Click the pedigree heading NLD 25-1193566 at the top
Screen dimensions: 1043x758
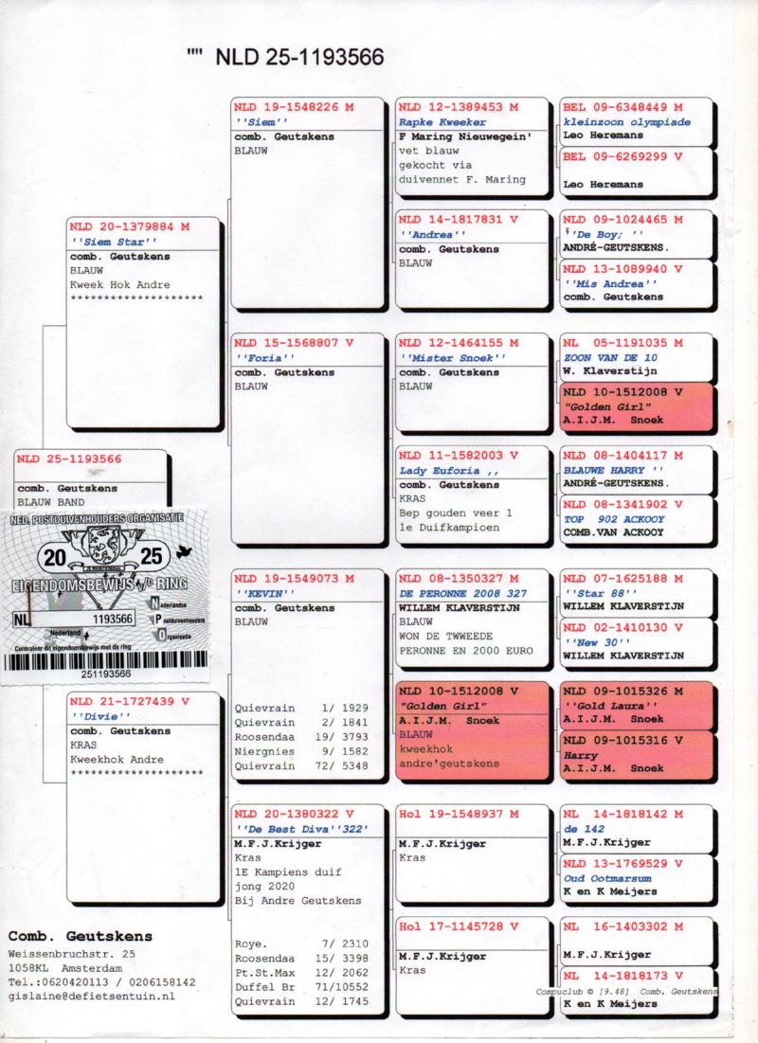tap(299, 57)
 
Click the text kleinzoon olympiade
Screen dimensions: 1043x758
tap(620, 121)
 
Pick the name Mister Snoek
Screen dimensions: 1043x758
tap(453, 358)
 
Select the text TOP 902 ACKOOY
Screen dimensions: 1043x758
tap(614, 519)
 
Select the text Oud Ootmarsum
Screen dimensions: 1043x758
tap(607, 878)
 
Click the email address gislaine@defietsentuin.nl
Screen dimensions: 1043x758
tap(91, 997)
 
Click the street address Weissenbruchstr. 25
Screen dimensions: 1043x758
tap(72, 953)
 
